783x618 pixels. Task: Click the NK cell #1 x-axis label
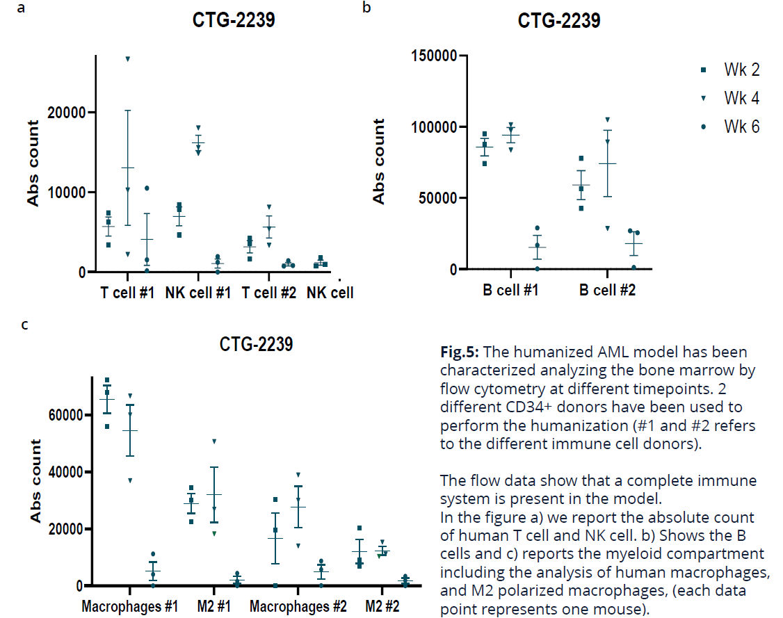(x=197, y=293)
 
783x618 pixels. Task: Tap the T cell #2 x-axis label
(x=269, y=293)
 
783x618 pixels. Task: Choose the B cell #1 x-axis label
(x=510, y=289)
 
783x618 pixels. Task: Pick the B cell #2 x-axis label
(x=607, y=289)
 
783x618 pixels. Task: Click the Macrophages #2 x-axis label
(x=298, y=605)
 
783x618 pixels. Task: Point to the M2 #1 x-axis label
(x=213, y=605)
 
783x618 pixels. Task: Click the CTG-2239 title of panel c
(x=257, y=343)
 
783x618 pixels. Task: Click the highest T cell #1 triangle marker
(x=128, y=58)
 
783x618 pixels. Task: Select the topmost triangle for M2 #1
(x=213, y=441)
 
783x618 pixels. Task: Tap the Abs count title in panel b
(x=378, y=161)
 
